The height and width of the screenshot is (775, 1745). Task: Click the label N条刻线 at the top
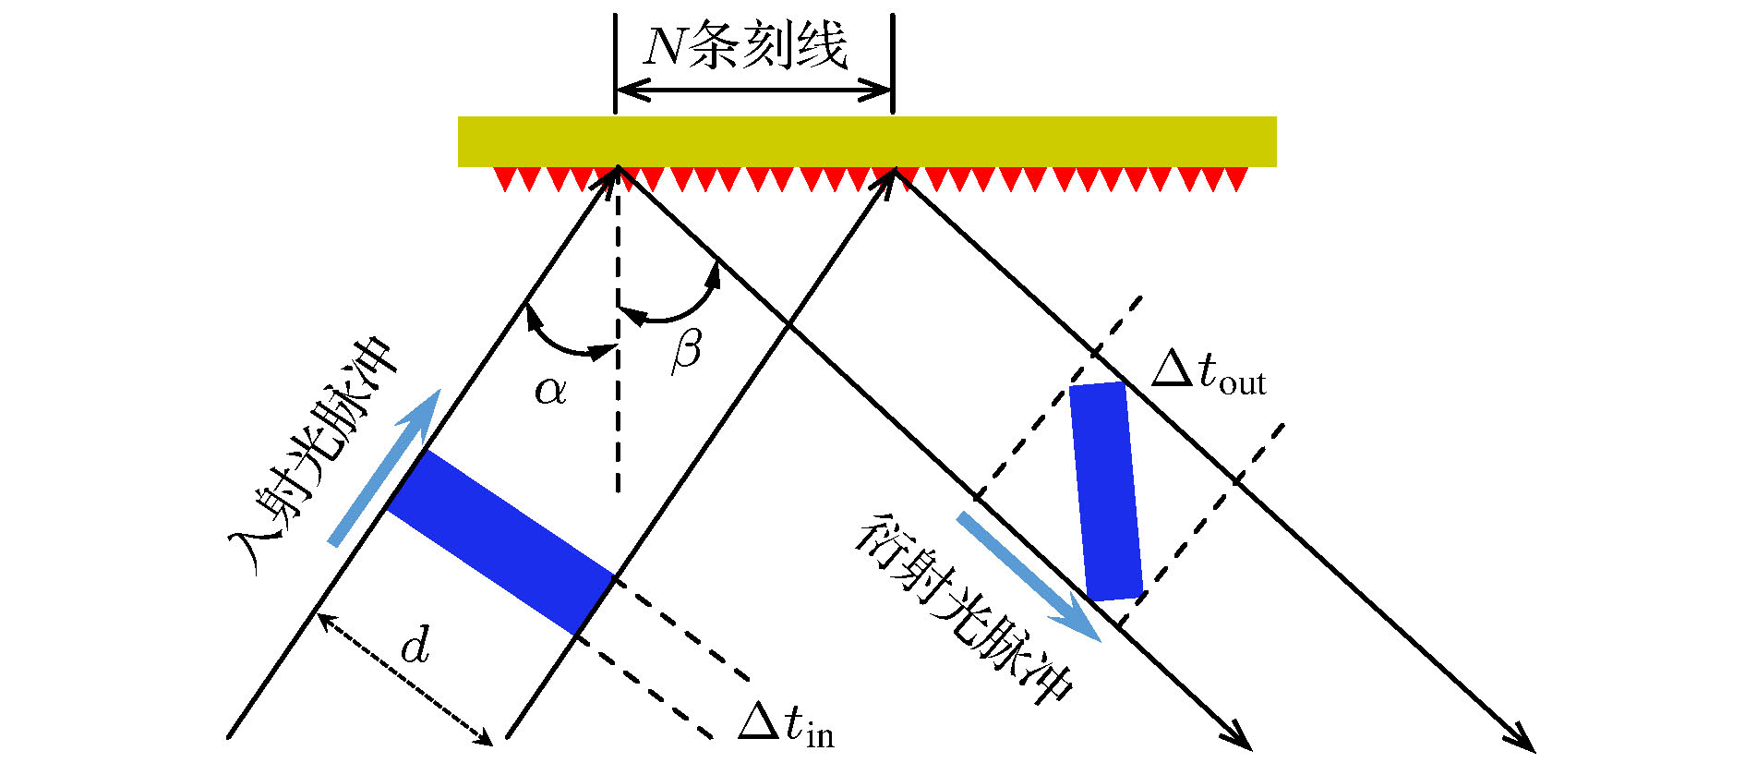point(744,46)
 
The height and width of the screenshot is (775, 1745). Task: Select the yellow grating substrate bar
point(867,141)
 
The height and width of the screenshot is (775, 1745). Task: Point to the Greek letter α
point(550,391)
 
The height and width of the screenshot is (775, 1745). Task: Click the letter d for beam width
point(415,644)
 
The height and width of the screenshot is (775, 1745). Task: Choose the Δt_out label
point(1209,372)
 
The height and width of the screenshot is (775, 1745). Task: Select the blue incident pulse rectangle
point(500,542)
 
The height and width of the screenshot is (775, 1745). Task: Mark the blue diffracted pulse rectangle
point(1107,491)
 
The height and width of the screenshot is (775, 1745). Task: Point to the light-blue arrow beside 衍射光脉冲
point(1029,577)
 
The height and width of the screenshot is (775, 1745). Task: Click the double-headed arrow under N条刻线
point(753,90)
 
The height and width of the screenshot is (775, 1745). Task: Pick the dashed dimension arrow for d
point(405,679)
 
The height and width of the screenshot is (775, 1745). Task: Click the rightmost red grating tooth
point(1238,179)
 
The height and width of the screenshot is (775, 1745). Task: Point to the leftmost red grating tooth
point(503,179)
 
